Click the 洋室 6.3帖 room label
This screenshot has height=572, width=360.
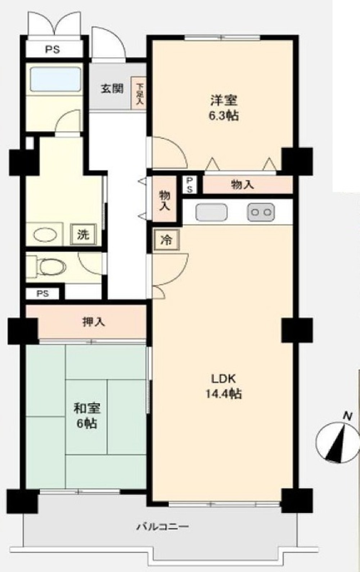225,107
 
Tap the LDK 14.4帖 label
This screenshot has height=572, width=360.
223,386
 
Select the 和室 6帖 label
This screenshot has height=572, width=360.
87,415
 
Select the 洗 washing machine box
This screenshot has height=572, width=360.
84,235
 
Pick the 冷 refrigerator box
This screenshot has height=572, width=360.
166,240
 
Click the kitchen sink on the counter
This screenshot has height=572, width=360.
212,212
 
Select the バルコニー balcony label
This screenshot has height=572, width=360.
162,527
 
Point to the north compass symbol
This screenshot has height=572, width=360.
337,441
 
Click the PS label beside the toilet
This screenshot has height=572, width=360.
42,293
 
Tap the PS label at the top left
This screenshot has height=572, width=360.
53,50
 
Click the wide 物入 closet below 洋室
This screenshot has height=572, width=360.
243,185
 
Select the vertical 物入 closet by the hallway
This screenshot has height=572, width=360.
165,201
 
